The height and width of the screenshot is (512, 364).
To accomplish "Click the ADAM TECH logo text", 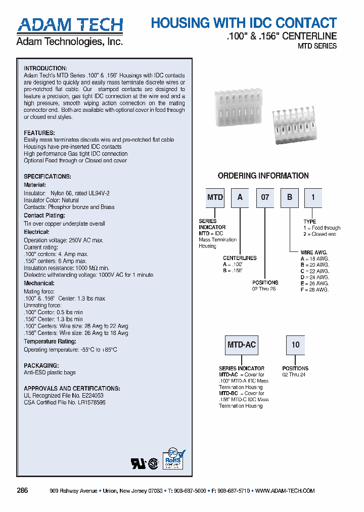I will point(70,25).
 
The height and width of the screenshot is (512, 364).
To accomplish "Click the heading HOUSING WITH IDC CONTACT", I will point(244,23).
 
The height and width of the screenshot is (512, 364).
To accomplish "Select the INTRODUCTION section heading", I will point(45,68).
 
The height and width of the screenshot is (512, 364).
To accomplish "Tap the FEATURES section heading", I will point(39,133).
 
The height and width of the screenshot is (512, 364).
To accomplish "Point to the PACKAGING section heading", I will point(41,365).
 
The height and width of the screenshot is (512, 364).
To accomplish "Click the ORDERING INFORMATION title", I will point(263,176).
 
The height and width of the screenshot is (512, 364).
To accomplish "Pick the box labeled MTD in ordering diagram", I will point(215,197).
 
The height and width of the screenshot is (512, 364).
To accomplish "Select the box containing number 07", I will point(265,197).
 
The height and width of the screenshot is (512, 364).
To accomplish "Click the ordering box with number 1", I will point(313,197).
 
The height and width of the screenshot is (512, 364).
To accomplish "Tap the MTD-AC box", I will point(242,345).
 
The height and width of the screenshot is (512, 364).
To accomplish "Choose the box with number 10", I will point(295,345).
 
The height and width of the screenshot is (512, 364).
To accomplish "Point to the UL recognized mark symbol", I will point(138,464).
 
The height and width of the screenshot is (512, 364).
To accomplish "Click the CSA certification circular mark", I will point(152,464).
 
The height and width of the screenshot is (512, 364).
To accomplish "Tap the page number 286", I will point(22,491).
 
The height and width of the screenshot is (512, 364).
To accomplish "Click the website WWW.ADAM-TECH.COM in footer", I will point(285,491).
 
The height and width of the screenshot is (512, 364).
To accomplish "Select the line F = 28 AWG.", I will point(314,289).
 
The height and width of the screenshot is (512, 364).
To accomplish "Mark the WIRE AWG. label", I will point(314,252).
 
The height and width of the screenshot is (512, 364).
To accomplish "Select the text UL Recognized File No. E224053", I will point(64,396).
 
